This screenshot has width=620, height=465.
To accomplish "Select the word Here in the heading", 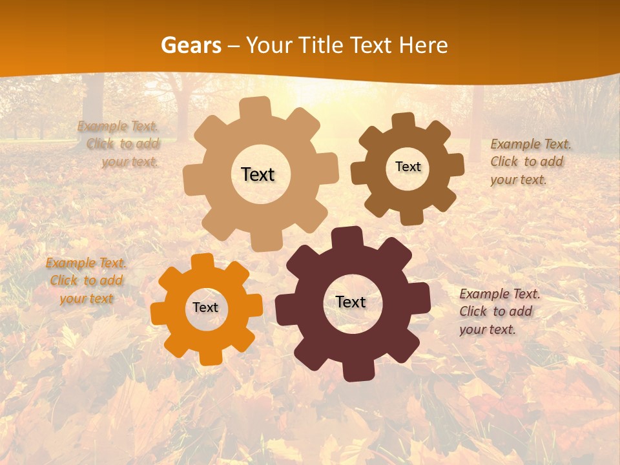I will coord(424,45).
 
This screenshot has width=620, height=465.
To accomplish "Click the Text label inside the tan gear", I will coord(258,174).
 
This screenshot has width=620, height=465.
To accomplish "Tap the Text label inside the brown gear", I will coord(408,167).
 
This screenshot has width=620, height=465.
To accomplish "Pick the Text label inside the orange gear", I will coord(205,307).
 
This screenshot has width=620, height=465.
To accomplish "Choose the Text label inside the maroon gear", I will coord(351,302).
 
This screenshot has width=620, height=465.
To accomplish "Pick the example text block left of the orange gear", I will coord(86,281).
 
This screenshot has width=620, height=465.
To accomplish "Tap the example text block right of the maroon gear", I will coord(499,311).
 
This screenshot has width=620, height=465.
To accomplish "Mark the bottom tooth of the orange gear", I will coord(211,356).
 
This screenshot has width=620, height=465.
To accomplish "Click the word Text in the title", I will coord(373,45).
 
